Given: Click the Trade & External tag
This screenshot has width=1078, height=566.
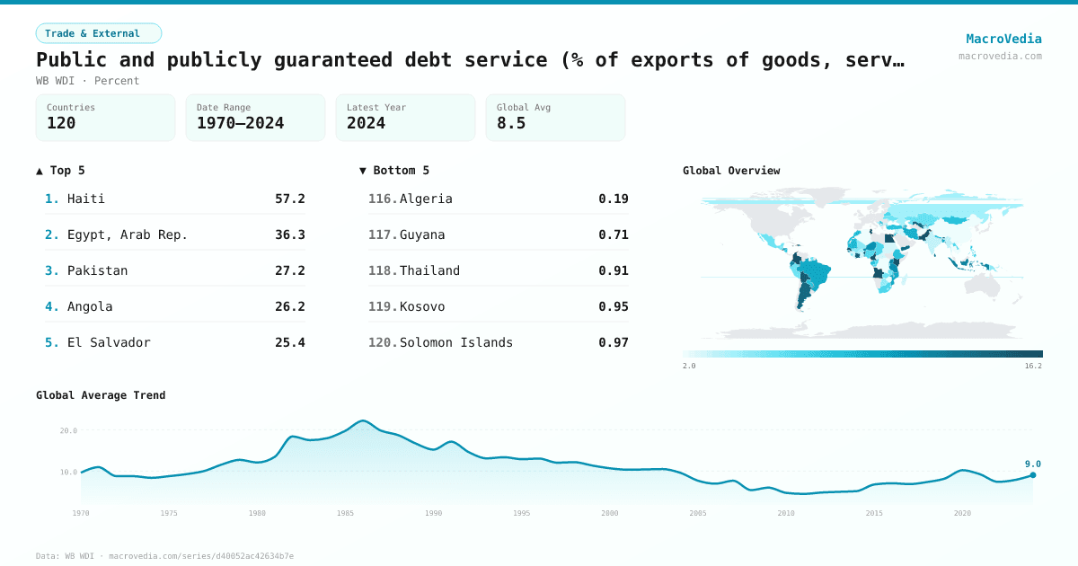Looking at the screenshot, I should pyautogui.click(x=99, y=33).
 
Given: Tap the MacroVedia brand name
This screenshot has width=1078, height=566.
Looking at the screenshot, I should pyautogui.click(x=1003, y=39).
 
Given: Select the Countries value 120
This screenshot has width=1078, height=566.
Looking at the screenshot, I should pyautogui.click(x=61, y=123).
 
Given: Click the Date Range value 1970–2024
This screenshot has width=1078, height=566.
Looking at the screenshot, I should pyautogui.click(x=240, y=123).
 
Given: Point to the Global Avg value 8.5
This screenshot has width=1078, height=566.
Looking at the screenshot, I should pyautogui.click(x=511, y=123).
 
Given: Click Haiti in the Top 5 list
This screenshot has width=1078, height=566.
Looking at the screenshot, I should pyautogui.click(x=86, y=199).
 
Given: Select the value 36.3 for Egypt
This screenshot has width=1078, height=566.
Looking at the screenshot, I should pyautogui.click(x=289, y=234).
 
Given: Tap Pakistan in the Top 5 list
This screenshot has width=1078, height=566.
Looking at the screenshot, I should pyautogui.click(x=97, y=270).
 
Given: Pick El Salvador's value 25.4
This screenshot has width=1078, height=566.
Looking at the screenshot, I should pyautogui.click(x=289, y=342).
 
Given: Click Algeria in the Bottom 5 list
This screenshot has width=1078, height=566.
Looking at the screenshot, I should pyautogui.click(x=426, y=199).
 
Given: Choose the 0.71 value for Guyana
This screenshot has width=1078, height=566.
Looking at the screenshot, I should pyautogui.click(x=614, y=234).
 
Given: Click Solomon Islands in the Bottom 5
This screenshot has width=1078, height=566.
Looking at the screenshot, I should pyautogui.click(x=456, y=342).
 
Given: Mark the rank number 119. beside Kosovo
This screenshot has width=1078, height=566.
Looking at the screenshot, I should pyautogui.click(x=383, y=306).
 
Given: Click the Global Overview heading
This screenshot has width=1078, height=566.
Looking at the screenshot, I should pyautogui.click(x=731, y=171).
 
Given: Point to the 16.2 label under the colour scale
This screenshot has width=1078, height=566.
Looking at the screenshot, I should pyautogui.click(x=1033, y=366).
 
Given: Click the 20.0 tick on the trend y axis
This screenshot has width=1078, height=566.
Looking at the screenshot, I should pyautogui.click(x=68, y=430).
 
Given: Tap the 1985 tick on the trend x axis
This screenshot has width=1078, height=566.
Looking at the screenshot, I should pyautogui.click(x=346, y=513).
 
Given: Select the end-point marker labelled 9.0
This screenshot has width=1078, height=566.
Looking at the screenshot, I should pyautogui.click(x=1033, y=474).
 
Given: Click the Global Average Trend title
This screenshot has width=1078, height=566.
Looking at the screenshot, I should pyautogui.click(x=101, y=395).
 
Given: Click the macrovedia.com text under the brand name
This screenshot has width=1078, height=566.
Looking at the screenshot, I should pyautogui.click(x=1000, y=56).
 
